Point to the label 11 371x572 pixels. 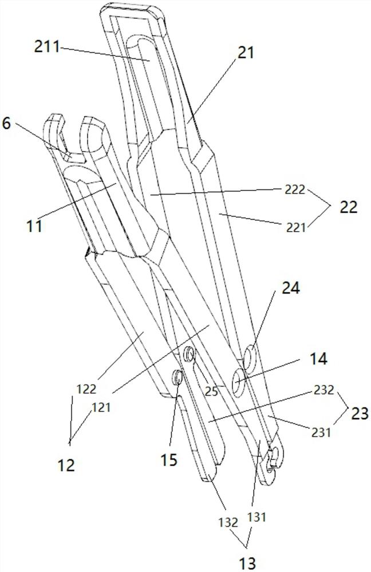click(35, 225)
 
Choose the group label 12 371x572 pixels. click(67, 465)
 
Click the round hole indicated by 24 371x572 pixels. click(251, 358)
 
